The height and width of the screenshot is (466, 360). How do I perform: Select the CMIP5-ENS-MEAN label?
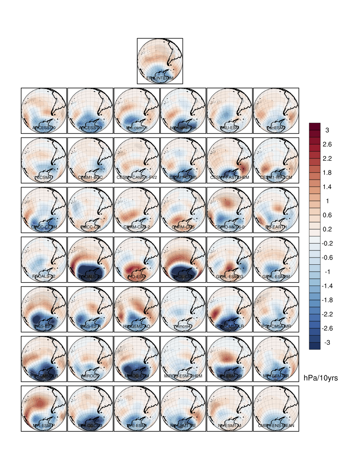(x=276, y=425)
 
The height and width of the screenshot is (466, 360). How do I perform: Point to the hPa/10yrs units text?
(x=321, y=378)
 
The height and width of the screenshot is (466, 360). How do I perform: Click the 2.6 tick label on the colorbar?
(x=327, y=144)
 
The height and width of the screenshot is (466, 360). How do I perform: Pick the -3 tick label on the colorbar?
(x=327, y=342)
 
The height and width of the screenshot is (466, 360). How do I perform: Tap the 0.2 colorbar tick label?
(x=327, y=229)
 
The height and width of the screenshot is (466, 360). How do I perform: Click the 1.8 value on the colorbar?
(x=327, y=173)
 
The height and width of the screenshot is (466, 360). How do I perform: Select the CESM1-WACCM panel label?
(x=276, y=178)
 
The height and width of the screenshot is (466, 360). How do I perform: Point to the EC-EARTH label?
(x=276, y=227)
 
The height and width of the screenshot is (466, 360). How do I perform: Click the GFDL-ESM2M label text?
(x=276, y=277)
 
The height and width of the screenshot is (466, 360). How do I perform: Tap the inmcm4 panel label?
(x=183, y=326)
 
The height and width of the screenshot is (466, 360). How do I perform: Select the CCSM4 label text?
(x=44, y=178)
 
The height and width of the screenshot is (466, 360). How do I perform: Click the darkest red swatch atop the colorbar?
(x=314, y=126)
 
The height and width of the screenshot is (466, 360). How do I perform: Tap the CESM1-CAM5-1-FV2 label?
(x=137, y=178)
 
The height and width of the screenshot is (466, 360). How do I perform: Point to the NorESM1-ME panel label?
(x=183, y=425)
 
